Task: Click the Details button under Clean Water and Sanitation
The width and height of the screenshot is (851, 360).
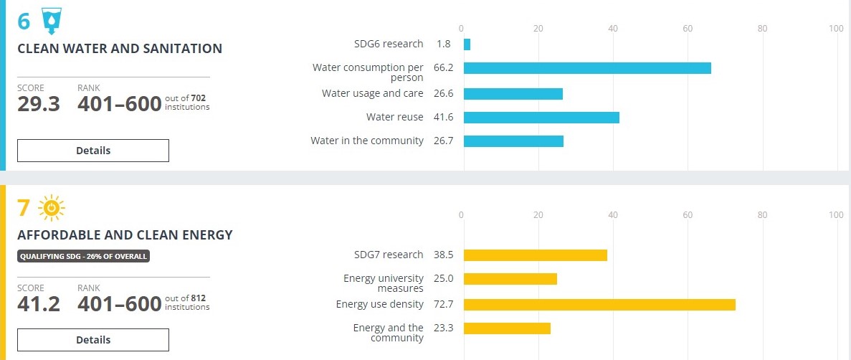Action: pyautogui.click(x=93, y=151)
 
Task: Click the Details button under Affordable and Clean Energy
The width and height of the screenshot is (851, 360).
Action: pyautogui.click(x=93, y=340)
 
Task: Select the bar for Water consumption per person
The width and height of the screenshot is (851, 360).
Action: pyautogui.click(x=587, y=68)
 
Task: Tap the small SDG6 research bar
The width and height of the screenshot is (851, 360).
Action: pyautogui.click(x=467, y=44)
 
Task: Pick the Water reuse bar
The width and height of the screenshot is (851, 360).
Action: pyautogui.click(x=541, y=118)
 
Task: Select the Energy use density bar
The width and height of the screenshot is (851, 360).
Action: pyautogui.click(x=599, y=305)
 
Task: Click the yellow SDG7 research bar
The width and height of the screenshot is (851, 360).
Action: pyautogui.click(x=536, y=255)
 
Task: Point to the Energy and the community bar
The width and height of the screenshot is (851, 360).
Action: pyautogui.click(x=507, y=328)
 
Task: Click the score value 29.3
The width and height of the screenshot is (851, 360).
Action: pyautogui.click(x=39, y=103)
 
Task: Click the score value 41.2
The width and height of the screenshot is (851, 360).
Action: pyautogui.click(x=39, y=304)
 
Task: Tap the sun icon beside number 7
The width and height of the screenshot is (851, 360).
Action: pyautogui.click(x=51, y=208)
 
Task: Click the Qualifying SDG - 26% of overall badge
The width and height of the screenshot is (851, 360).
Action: pyautogui.click(x=83, y=256)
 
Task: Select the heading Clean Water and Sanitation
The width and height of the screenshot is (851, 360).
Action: pyautogui.click(x=120, y=49)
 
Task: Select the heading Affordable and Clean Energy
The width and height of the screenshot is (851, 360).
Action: pyautogui.click(x=125, y=235)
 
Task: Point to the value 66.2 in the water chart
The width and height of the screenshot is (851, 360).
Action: pyautogui.click(x=444, y=68)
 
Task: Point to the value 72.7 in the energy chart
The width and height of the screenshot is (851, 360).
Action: pyautogui.click(x=444, y=305)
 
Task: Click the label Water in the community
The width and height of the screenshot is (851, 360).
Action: pyautogui.click(x=366, y=141)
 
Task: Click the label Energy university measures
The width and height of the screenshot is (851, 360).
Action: pyautogui.click(x=384, y=283)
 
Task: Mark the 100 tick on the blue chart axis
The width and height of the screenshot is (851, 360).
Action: pyautogui.click(x=835, y=28)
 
